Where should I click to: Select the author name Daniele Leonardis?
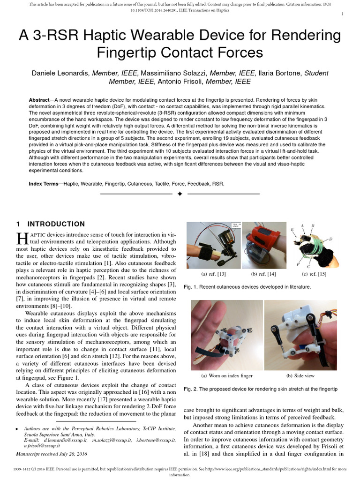click(60, 73)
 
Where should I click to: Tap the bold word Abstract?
click(39, 100)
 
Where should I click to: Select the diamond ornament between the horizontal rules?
click(180, 194)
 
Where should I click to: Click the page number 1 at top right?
click(343, 14)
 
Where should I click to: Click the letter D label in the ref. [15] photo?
click(331, 239)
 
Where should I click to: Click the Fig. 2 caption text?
click(261, 389)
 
